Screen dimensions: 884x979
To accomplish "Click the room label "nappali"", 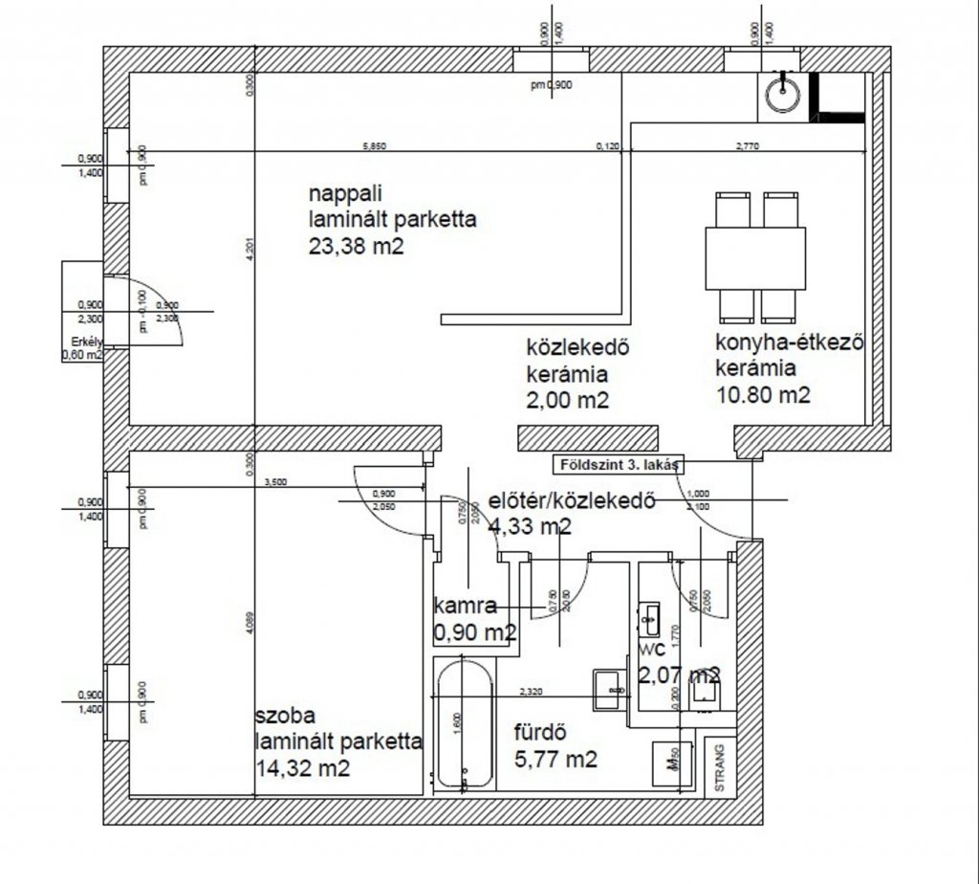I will tap(332, 195).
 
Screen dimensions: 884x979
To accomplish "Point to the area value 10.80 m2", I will tap(762, 394).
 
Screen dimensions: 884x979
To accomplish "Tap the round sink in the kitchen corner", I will tap(783, 94).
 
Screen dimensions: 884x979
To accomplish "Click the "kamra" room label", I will tap(464, 606).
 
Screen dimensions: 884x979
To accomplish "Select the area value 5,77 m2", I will tap(558, 761).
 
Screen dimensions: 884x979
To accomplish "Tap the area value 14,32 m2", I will tap(302, 766).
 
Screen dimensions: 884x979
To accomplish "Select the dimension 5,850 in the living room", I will tap(377, 146).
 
